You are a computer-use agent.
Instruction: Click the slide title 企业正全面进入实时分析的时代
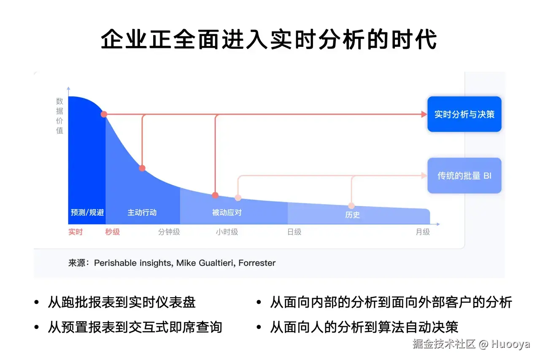pyautogui.click(x=269, y=39)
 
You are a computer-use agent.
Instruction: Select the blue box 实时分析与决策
pyautogui.click(x=464, y=114)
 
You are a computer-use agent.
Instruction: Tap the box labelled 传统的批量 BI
pyautogui.click(x=464, y=175)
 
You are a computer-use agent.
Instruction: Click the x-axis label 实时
pyautogui.click(x=76, y=232)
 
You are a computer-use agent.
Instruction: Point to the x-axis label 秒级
pyautogui.click(x=112, y=232)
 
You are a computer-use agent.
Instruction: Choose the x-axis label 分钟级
pyautogui.click(x=169, y=232)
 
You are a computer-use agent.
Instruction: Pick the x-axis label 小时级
pyautogui.click(x=227, y=232)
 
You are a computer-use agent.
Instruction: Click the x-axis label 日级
pyautogui.click(x=294, y=232)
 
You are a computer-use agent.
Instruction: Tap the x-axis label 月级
pyautogui.click(x=423, y=232)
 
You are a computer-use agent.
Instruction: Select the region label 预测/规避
pyautogui.click(x=87, y=212)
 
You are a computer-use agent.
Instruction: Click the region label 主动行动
pyautogui.click(x=142, y=212)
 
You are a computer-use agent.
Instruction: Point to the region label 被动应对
pyautogui.click(x=227, y=212)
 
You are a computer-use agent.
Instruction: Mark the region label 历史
pyautogui.click(x=352, y=215)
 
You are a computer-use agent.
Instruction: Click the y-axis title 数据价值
pyautogui.click(x=59, y=116)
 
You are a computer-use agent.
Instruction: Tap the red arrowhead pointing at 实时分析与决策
pyautogui.click(x=424, y=114)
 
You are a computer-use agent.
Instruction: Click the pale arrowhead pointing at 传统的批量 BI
pyautogui.click(x=424, y=175)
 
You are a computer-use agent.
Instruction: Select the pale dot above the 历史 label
pyautogui.click(x=351, y=206)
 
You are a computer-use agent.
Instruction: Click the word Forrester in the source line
pyautogui.click(x=257, y=263)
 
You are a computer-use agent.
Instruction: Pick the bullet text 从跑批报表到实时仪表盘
pyautogui.click(x=122, y=302)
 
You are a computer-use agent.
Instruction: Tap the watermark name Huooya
pyautogui.click(x=510, y=344)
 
